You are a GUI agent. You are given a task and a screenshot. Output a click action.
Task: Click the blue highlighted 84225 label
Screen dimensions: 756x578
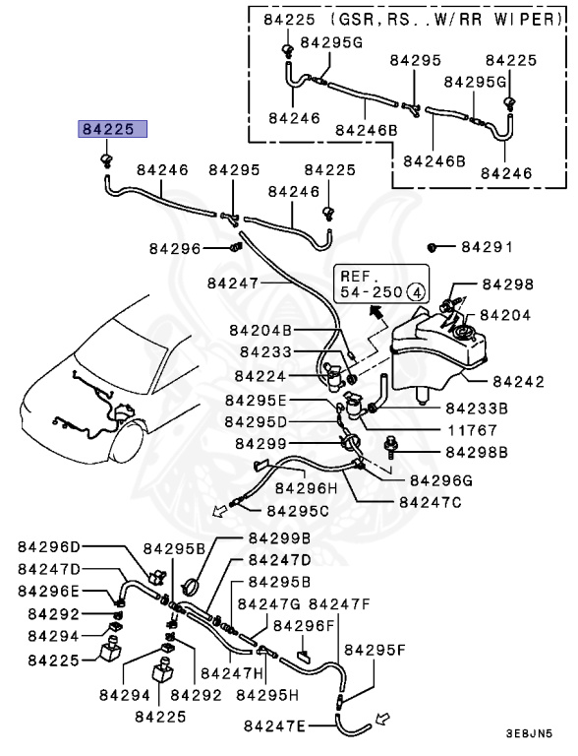(113, 129)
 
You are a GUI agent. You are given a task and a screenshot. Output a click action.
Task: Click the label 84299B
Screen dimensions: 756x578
(279, 538)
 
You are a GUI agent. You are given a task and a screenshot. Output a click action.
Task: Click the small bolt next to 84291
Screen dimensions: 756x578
(433, 246)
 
